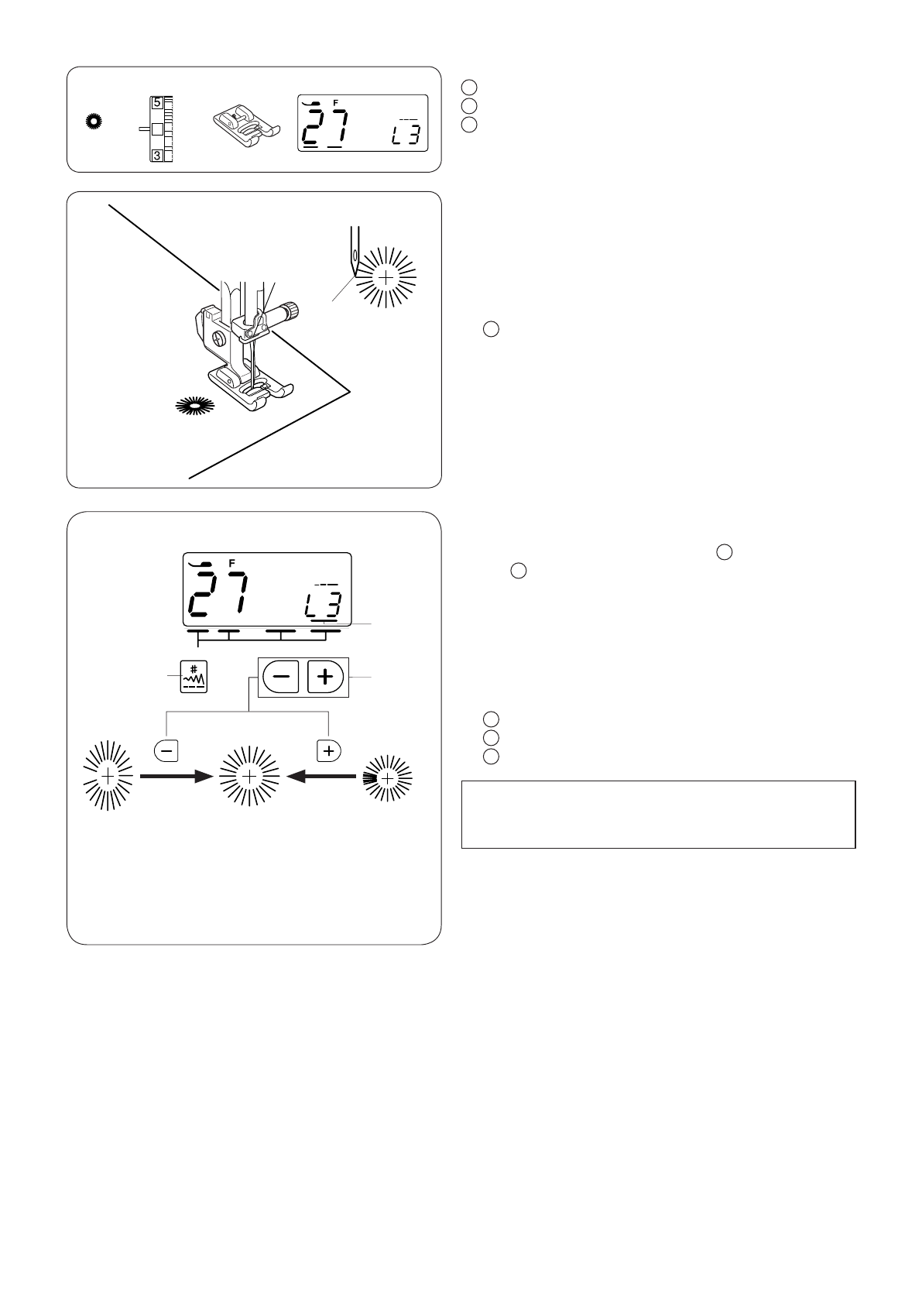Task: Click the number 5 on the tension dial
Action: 157,101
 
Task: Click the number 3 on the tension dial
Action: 157,156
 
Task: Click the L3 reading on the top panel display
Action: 404,138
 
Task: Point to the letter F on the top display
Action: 336,101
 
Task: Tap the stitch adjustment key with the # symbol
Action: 193,678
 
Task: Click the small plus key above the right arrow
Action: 329,750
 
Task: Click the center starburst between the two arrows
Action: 248,776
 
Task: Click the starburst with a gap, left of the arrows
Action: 108,776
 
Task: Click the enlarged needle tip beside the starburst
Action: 354,256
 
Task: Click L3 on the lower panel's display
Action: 324,605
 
